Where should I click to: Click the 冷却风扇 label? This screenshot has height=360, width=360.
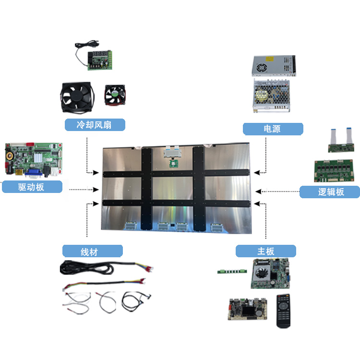click(95, 125)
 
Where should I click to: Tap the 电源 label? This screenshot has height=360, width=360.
click(273, 129)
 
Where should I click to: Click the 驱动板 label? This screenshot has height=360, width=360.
click(32, 187)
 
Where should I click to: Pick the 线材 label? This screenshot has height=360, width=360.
click(92, 251)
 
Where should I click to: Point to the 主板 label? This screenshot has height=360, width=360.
click(265, 251)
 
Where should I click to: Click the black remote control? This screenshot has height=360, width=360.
click(284, 311)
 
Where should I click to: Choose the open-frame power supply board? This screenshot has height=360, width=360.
click(271, 96)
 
